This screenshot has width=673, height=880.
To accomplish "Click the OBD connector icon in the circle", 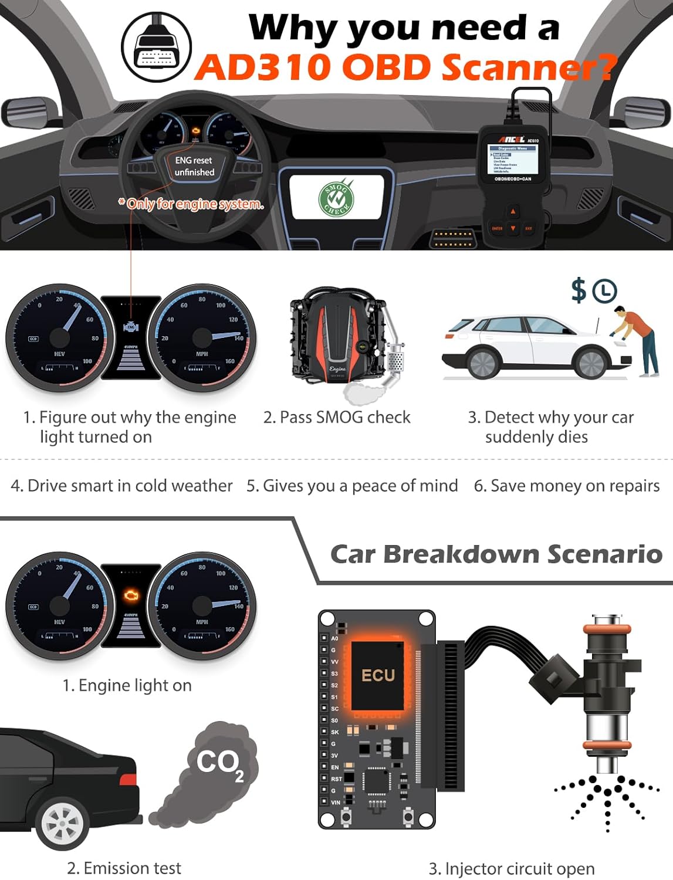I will (156, 48).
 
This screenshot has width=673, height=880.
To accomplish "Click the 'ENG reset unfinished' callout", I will (194, 166).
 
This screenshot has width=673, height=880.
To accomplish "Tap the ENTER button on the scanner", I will (497, 228).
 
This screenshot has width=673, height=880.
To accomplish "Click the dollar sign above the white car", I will (579, 290).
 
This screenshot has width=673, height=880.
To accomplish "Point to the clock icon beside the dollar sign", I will (604, 291).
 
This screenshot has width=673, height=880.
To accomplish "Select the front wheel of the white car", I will (591, 362).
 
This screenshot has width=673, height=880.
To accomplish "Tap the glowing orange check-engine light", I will (131, 595).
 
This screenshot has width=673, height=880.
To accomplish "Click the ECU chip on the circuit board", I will (377, 676).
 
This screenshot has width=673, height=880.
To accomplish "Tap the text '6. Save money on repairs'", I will (567, 486).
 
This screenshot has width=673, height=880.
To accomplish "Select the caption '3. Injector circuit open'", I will (511, 868).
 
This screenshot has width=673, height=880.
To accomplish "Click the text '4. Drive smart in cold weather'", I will (121, 486).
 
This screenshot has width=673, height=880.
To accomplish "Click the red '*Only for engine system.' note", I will (191, 204).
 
